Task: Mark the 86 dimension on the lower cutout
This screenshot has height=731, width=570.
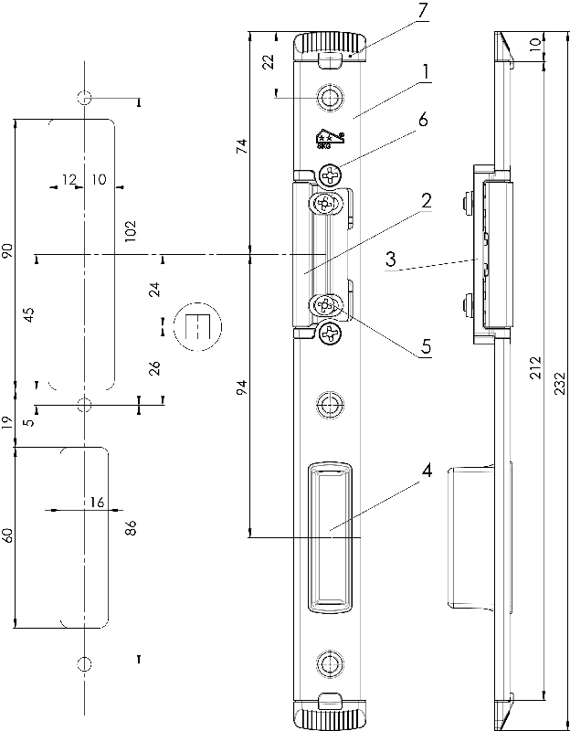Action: click(130, 527)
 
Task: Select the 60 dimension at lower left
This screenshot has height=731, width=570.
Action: click(8, 535)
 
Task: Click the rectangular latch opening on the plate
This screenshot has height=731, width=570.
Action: click(330, 536)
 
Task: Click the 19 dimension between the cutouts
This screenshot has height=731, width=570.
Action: click(8, 422)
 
